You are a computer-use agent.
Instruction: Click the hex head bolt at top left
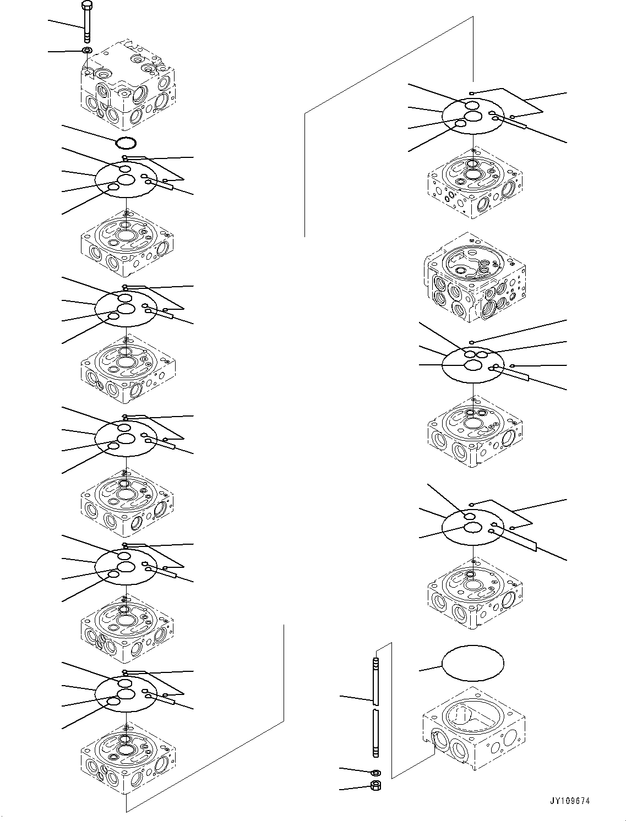[x=87, y=22]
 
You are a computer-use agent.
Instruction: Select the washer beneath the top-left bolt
[x=87, y=51]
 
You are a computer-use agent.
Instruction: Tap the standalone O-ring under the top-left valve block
[x=126, y=143]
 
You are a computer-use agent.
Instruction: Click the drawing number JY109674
[x=569, y=801]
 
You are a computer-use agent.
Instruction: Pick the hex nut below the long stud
[x=375, y=785]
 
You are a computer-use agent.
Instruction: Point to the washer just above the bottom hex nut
[x=375, y=773]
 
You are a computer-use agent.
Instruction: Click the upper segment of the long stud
[x=375, y=677]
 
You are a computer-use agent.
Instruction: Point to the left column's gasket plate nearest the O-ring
[x=126, y=179]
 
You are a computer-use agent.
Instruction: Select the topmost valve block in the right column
[x=475, y=182]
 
